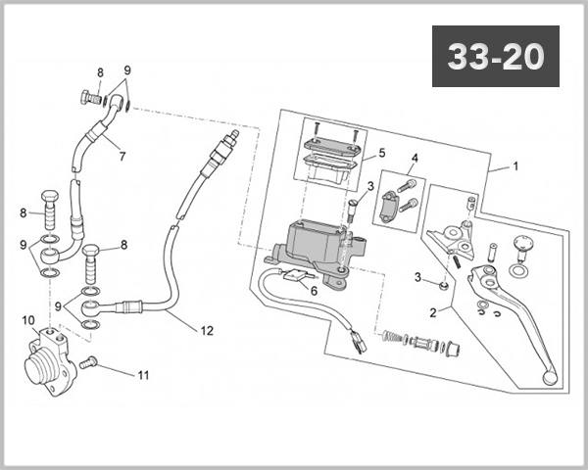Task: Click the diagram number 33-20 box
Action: [x=495, y=56]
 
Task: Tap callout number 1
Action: [x=515, y=166]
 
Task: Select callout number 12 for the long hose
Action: [x=207, y=331]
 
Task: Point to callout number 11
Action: [x=144, y=375]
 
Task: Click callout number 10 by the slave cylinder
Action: [x=28, y=320]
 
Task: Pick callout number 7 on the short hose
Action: [x=122, y=157]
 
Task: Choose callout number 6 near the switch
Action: [x=314, y=291]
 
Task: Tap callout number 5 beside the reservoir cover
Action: [x=382, y=153]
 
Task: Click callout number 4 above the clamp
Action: [x=415, y=159]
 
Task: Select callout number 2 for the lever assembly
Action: [x=433, y=312]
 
